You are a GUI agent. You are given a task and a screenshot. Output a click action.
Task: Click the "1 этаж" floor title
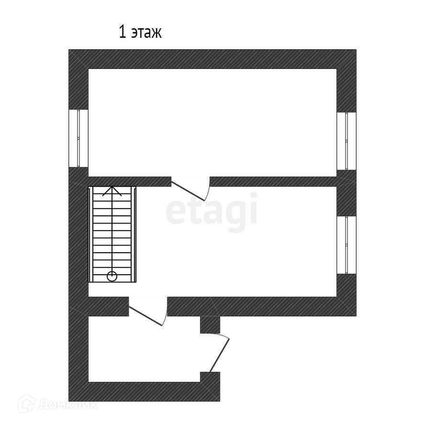(x=140, y=33)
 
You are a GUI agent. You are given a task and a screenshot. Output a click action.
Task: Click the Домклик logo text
(x=67, y=405)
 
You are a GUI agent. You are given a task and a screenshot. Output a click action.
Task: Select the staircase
(x=112, y=234)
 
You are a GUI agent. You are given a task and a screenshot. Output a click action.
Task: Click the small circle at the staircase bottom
(x=112, y=276)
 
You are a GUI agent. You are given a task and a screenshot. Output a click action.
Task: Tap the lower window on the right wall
(x=346, y=245)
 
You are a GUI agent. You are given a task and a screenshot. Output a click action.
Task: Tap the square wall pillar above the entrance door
(x=210, y=324)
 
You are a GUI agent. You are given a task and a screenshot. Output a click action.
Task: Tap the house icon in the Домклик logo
(x=26, y=404)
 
